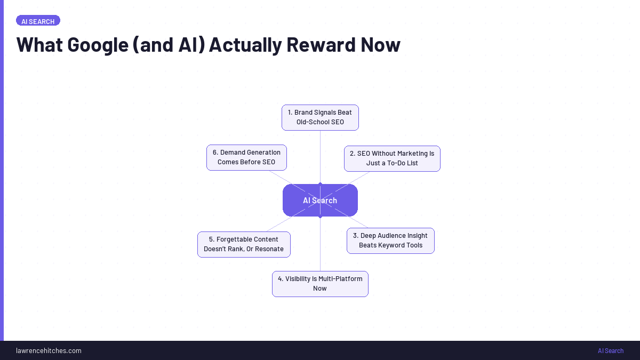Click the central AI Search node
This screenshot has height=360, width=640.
(320, 201)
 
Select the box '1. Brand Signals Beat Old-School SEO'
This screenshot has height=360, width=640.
(320, 117)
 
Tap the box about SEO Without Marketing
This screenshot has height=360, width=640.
(392, 158)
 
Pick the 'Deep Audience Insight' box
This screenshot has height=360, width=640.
(390, 241)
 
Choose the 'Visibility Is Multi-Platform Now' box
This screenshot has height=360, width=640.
(320, 284)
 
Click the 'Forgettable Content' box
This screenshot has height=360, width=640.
(244, 244)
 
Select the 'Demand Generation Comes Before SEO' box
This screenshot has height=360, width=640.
(246, 157)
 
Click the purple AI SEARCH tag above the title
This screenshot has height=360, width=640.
(38, 21)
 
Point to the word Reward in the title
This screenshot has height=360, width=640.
(324, 45)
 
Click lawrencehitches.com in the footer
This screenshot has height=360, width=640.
(49, 350)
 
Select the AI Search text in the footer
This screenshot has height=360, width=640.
(610, 350)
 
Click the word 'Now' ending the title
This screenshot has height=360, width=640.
(380, 45)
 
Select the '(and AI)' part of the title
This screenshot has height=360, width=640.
(169, 45)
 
